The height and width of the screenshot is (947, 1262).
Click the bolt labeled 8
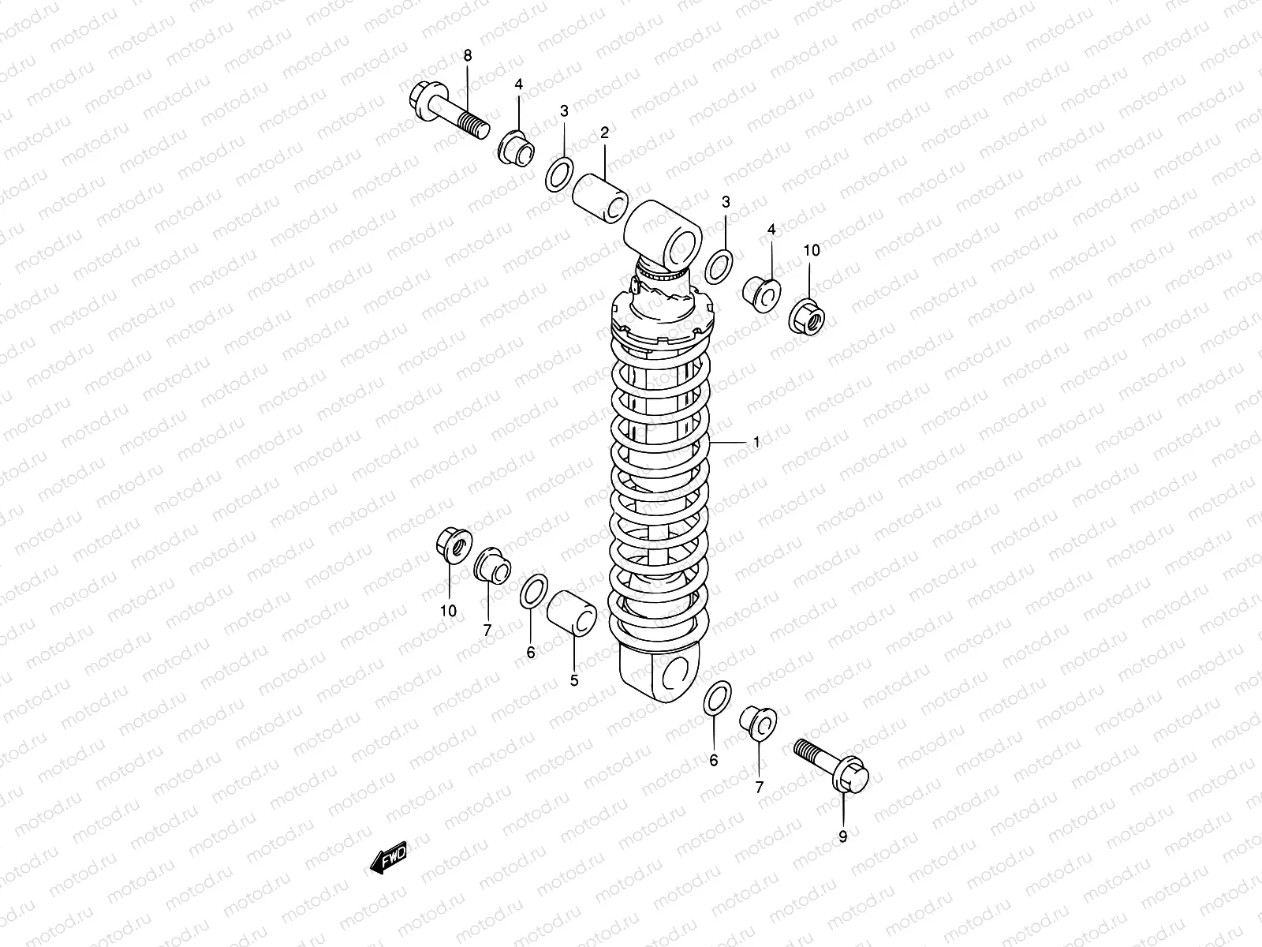pos(448,112)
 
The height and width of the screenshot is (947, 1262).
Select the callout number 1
pos(756,444)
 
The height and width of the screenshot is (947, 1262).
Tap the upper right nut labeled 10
pos(807,316)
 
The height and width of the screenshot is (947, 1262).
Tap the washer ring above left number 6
pos(535,593)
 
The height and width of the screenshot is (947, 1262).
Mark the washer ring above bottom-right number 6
pos(716,699)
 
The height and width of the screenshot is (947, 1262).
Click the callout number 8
pos(467,55)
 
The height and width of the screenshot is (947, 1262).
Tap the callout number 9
pos(842,837)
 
